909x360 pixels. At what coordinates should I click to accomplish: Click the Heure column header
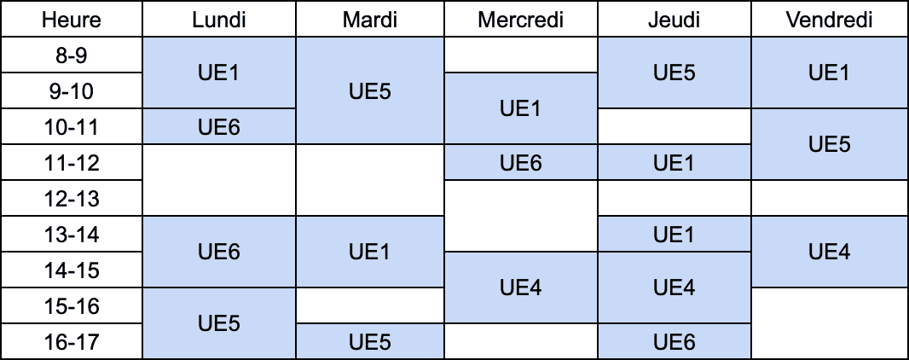72,19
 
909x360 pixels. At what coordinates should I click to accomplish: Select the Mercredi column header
521,19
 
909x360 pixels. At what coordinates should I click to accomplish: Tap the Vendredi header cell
830,19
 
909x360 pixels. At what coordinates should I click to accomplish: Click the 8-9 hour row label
72,55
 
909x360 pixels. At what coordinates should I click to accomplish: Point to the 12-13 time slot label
72,198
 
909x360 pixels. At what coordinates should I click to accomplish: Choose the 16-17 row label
72,341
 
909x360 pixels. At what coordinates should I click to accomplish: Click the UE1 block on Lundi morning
219,73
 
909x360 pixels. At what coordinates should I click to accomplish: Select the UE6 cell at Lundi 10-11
219,126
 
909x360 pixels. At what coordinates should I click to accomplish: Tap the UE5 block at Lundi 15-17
219,323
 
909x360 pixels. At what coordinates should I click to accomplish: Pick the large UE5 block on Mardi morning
370,91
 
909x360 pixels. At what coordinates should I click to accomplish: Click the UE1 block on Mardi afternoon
370,252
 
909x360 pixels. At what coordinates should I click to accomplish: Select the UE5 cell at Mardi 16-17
370,341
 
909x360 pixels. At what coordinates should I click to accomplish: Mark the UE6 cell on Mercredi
521,162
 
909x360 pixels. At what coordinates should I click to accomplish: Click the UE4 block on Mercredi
521,287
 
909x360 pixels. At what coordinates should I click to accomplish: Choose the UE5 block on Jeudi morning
675,73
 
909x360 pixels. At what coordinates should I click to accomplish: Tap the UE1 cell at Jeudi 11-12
675,162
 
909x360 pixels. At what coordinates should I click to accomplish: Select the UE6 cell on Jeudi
675,341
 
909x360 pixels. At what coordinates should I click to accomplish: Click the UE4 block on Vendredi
830,252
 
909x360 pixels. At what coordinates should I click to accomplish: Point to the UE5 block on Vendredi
830,144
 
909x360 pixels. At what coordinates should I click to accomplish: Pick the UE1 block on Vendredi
830,73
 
